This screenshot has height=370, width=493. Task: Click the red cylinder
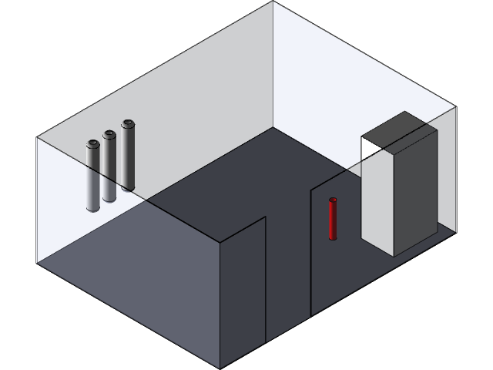click(x=333, y=220)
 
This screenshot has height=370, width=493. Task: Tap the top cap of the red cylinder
click(x=333, y=200)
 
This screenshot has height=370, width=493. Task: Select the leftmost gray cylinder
click(x=92, y=177)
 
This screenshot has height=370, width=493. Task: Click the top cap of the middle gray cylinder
click(x=109, y=133)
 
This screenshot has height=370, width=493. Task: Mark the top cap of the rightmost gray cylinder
click(x=127, y=123)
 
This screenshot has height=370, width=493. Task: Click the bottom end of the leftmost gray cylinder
click(x=92, y=208)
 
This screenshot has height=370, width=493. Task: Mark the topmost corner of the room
click(x=273, y=2)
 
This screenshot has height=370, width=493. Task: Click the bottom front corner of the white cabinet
click(x=395, y=255)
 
